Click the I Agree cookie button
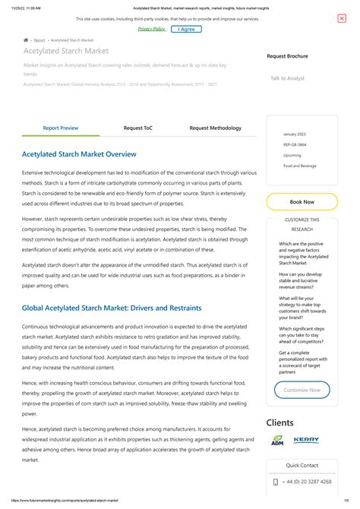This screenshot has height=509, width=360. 186,29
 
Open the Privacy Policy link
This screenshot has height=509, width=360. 152,29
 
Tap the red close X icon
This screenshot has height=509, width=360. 342,18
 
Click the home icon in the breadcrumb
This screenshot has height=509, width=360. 26,40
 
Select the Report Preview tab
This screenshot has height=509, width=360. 61,128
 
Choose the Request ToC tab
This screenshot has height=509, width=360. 138,128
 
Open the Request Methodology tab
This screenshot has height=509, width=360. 216,128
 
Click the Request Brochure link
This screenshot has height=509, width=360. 287,57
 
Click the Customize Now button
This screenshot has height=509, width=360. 302,390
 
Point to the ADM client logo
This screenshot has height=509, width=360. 277,441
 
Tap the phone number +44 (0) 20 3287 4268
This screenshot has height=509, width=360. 307,482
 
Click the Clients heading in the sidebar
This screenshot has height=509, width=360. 280,422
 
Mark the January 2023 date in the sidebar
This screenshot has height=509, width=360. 295,134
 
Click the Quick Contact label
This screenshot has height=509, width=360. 302,465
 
